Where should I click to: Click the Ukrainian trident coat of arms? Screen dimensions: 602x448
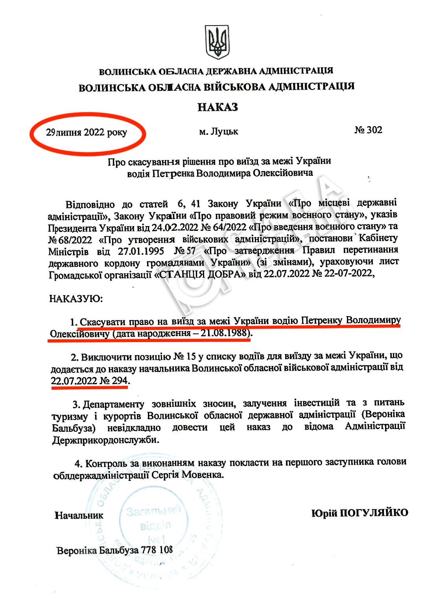pos(217,42)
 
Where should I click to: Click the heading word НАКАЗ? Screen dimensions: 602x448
pos(218,107)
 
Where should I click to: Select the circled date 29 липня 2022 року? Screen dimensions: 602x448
pos(87,133)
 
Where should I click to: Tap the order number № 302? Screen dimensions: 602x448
pos(368,130)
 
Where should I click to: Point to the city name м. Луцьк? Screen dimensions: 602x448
pos(218,131)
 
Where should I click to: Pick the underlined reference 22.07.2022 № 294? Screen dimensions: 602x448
pos(89,381)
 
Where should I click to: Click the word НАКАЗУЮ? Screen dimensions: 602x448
pos(76,299)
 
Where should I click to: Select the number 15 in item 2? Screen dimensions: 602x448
pos(191,357)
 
